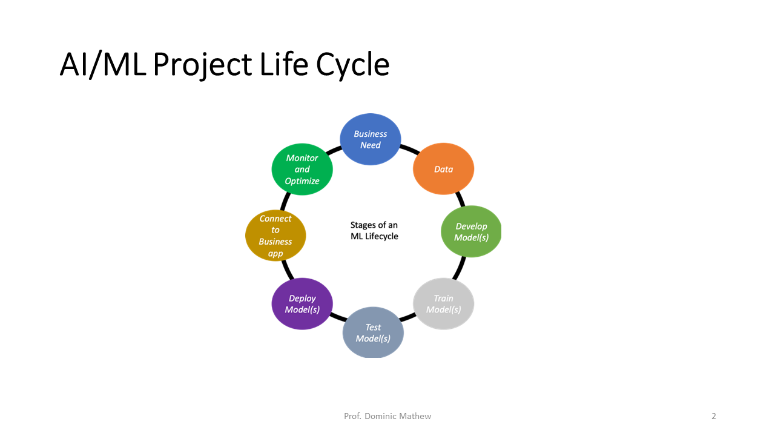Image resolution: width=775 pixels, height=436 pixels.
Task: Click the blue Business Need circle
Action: pyautogui.click(x=370, y=139)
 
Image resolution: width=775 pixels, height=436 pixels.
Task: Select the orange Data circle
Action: pyautogui.click(x=443, y=169)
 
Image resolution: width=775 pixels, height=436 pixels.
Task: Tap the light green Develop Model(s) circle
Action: pyautogui.click(x=471, y=231)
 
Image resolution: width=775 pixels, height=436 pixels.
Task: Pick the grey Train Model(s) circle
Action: pyautogui.click(x=443, y=303)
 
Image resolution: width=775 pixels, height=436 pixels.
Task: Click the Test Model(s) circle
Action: pyautogui.click(x=373, y=332)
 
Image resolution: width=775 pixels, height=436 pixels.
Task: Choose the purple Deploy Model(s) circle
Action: pyautogui.click(x=302, y=303)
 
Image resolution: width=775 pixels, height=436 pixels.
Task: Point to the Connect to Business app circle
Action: pyautogui.click(x=275, y=236)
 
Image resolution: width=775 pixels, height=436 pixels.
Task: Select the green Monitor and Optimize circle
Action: pyautogui.click(x=302, y=169)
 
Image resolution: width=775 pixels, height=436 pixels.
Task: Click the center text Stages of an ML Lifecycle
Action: pyautogui.click(x=374, y=231)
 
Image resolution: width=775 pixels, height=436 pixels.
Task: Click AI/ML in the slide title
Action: pyautogui.click(x=103, y=65)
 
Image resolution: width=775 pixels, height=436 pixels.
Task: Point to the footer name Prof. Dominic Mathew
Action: pyautogui.click(x=387, y=416)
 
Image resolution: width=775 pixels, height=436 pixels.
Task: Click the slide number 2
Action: pyautogui.click(x=714, y=416)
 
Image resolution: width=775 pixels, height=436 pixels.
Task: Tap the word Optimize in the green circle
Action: pyautogui.click(x=302, y=181)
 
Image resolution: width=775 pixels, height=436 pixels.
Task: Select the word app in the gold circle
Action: pyautogui.click(x=275, y=254)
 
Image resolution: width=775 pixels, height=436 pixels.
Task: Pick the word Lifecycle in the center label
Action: pyautogui.click(x=382, y=236)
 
